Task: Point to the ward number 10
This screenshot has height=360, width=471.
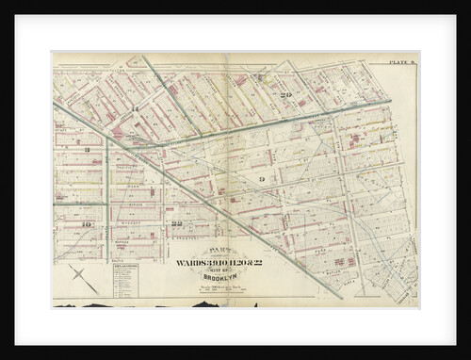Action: click(87, 224)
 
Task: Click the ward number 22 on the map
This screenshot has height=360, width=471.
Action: click(177, 222)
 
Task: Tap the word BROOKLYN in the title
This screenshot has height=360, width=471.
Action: click(222, 276)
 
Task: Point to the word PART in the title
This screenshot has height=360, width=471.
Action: click(222, 251)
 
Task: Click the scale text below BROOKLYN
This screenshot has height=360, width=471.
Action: click(222, 286)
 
